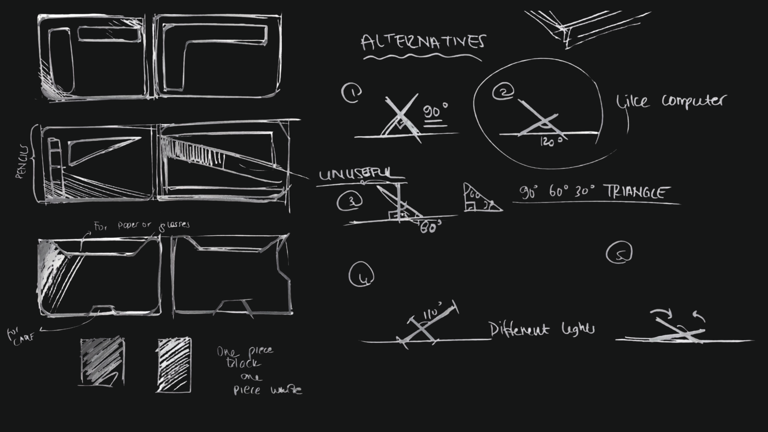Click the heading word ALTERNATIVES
423,42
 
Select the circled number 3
350,201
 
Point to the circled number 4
361,274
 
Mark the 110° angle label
432,312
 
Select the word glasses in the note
175,226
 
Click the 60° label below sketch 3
431,227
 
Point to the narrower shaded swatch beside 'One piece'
174,365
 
